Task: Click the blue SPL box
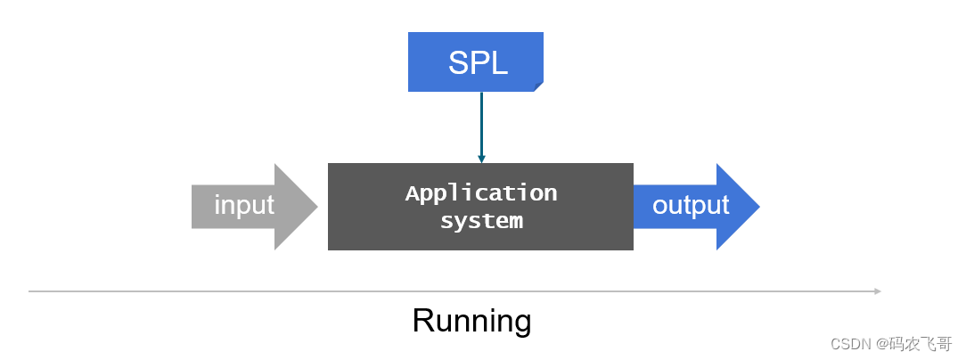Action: pyautogui.click(x=476, y=61)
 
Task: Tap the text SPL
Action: pyautogui.click(x=478, y=62)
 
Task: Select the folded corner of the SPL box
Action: pyautogui.click(x=539, y=87)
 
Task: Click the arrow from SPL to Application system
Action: pyautogui.click(x=481, y=127)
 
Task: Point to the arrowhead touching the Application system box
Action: pyautogui.click(x=481, y=159)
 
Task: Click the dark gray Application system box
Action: pyautogui.click(x=480, y=207)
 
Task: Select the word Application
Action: pyautogui.click(x=481, y=193)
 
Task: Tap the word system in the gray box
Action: pyautogui.click(x=481, y=221)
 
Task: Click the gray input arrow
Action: pyautogui.click(x=255, y=207)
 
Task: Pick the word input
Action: pyautogui.click(x=244, y=205)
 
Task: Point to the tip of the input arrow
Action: pyautogui.click(x=316, y=207)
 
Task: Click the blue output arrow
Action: pyautogui.click(x=696, y=207)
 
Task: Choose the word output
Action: pyautogui.click(x=691, y=205)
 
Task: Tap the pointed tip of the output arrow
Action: pyautogui.click(x=759, y=207)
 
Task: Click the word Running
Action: pyautogui.click(x=472, y=322)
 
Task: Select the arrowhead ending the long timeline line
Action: pyautogui.click(x=877, y=291)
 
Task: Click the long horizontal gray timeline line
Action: pyautogui.click(x=454, y=291)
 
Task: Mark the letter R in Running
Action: pyautogui.click(x=424, y=321)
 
